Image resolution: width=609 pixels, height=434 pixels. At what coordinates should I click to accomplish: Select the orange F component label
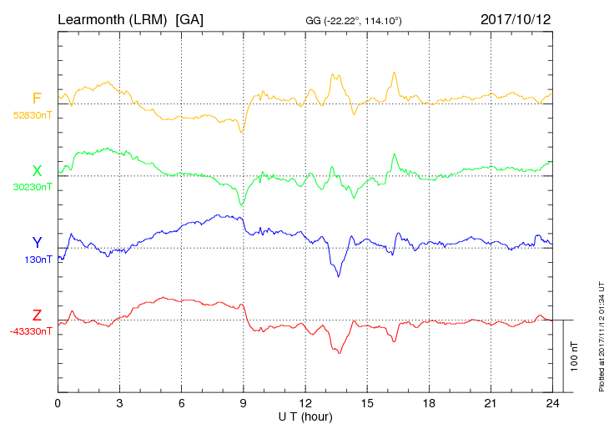tap(37, 98)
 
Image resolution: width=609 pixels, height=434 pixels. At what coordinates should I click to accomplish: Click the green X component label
tap(37, 171)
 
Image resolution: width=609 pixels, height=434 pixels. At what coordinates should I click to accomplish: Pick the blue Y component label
tap(37, 243)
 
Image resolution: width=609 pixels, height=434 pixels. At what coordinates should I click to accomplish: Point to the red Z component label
tap(37, 315)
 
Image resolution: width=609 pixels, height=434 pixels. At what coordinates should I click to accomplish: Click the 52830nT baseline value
tap(33, 115)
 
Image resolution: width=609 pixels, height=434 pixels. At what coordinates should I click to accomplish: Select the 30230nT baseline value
tap(33, 187)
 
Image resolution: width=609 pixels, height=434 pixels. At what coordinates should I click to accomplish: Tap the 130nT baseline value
tap(39, 260)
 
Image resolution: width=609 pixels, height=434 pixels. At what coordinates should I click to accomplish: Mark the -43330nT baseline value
tap(32, 331)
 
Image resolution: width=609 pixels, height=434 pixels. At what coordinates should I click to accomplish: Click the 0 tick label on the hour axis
tap(58, 403)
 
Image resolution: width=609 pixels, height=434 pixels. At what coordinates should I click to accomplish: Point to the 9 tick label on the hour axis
tap(243, 403)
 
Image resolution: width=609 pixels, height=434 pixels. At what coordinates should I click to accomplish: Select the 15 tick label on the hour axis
tap(366, 403)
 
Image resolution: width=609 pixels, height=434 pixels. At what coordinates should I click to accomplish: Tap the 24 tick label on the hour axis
tap(551, 403)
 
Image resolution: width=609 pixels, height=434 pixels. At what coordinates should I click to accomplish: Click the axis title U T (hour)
tap(305, 416)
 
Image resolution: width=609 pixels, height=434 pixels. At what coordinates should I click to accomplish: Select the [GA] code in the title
tap(189, 18)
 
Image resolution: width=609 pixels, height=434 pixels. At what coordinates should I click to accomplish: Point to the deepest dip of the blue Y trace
tap(338, 276)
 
